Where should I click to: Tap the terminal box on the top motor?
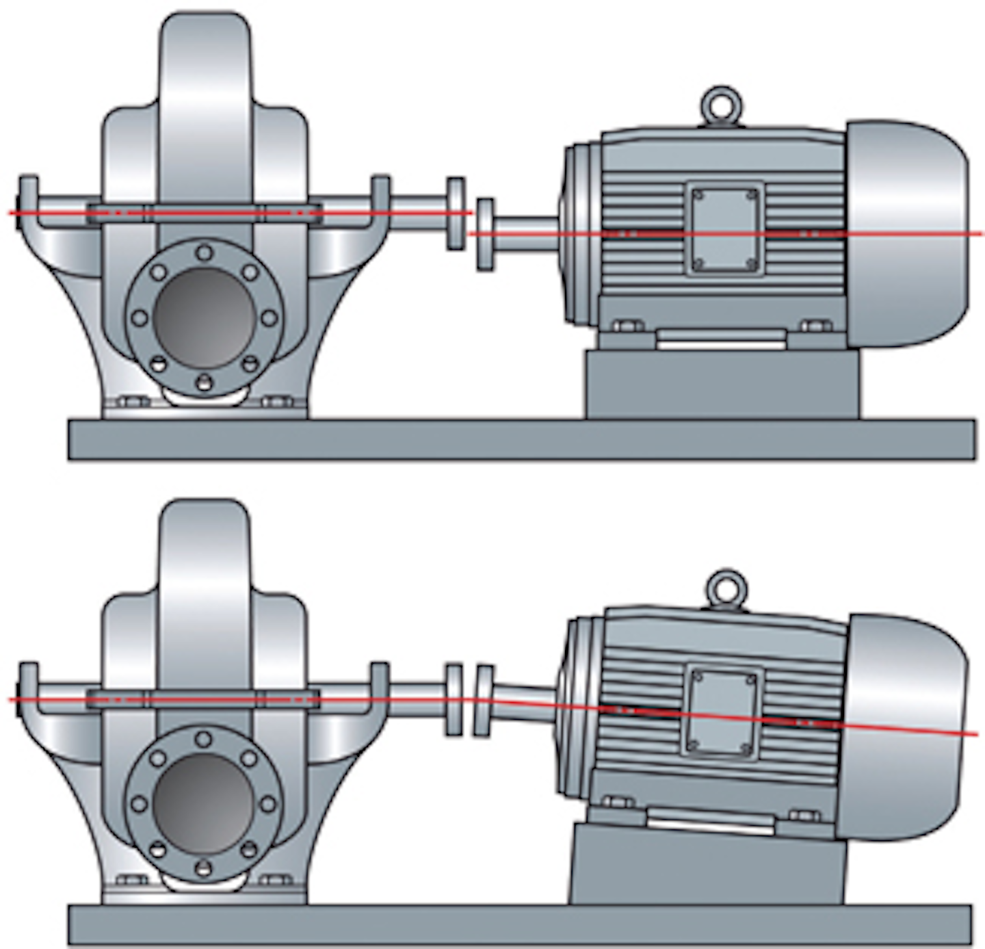click(x=724, y=229)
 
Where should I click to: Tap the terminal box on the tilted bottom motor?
click(x=722, y=712)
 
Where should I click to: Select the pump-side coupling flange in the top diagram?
click(x=456, y=213)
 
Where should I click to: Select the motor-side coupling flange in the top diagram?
click(x=485, y=235)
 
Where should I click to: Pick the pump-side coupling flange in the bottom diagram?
click(x=454, y=699)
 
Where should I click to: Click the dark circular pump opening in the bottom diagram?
click(x=203, y=803)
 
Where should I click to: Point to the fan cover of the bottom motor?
click(x=903, y=725)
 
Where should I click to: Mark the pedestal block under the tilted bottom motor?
click(x=708, y=866)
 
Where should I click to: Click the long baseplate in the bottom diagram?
click(x=520, y=925)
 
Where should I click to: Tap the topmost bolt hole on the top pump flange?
click(x=204, y=253)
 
